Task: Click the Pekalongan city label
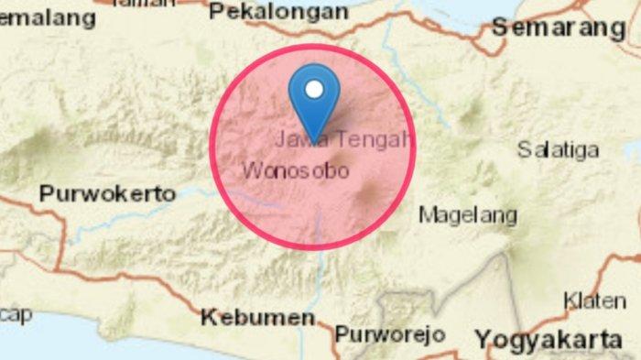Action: [278, 12]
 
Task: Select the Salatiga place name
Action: [558, 149]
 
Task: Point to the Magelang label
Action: [468, 216]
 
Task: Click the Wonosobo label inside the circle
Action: [295, 171]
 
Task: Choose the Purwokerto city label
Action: [107, 194]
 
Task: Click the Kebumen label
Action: [257, 318]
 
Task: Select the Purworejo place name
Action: [389, 334]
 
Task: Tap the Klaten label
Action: [594, 300]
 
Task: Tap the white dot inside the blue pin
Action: [314, 90]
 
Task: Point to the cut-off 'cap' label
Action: [16, 313]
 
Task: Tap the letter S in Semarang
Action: [501, 27]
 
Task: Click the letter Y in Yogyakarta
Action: [483, 339]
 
